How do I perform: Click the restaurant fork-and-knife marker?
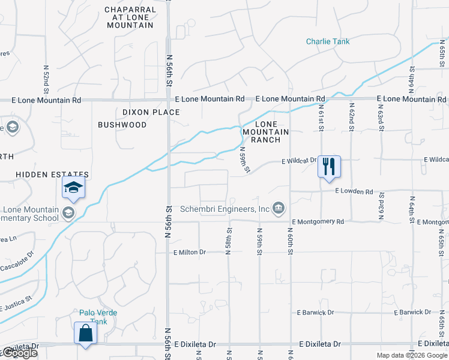(329, 166)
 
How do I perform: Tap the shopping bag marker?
(85, 333)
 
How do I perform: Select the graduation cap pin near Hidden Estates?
(73, 188)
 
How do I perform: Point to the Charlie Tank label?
(328, 41)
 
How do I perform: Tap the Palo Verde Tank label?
(98, 317)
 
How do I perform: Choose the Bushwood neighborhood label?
(122, 125)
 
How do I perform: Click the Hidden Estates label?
(52, 174)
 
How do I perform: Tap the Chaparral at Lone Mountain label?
(130, 17)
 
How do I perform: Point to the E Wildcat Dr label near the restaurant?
(299, 161)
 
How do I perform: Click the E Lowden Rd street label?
(354, 191)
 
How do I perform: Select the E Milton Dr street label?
(189, 253)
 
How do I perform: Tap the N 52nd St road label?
(46, 78)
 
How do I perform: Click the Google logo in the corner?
(19, 353)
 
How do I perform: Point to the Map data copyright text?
(412, 355)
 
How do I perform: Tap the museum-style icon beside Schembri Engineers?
(278, 208)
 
